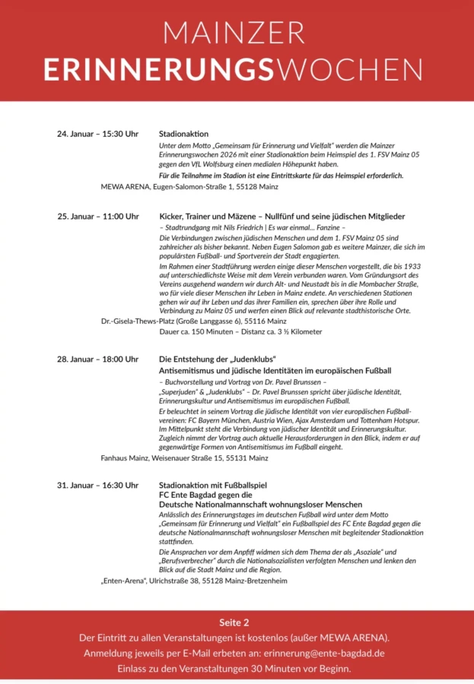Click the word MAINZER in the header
pyautogui.click(x=237, y=33)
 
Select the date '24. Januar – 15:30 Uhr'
pyautogui.click(x=97, y=134)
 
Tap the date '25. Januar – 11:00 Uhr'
pyautogui.click(x=97, y=217)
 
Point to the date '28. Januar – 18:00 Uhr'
pyautogui.click(x=97, y=359)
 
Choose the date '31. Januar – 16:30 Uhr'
pyautogui.click(x=97, y=485)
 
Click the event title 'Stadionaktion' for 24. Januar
pyautogui.click(x=183, y=134)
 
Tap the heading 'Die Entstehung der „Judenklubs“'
pyautogui.click(x=217, y=359)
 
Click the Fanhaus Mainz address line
pyautogui.click(x=184, y=458)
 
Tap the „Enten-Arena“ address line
pyautogui.click(x=194, y=581)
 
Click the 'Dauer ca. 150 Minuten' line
pyautogui.click(x=240, y=332)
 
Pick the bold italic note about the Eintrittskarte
pyautogui.click(x=281, y=176)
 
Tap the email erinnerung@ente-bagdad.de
pyautogui.click(x=323, y=653)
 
